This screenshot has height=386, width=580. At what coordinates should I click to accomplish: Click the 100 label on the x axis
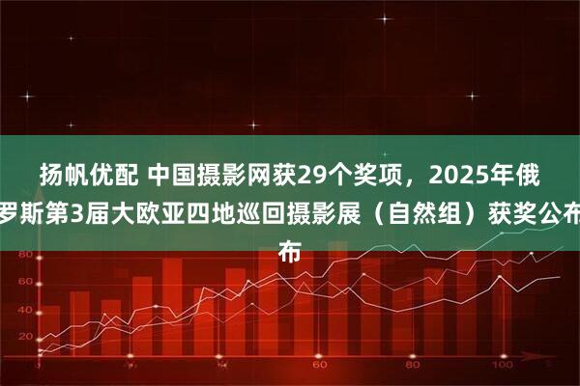click(x=503, y=367)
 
